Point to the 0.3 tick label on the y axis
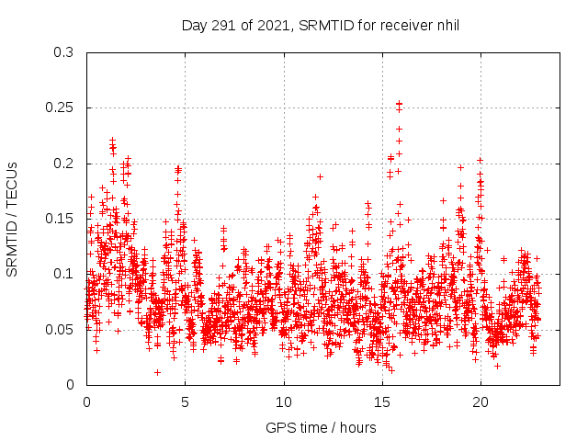63,52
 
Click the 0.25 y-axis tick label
60,107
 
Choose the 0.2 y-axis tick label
63,164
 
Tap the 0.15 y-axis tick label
60,219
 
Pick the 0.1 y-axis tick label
63,274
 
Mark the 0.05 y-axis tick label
60,329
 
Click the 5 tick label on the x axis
185,402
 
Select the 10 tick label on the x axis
283,402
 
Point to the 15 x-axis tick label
381,402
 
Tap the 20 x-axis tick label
480,402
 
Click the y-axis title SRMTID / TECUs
13,219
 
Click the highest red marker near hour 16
399,105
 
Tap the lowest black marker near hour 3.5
157,372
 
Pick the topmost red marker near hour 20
480,160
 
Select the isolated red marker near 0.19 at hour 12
321,176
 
